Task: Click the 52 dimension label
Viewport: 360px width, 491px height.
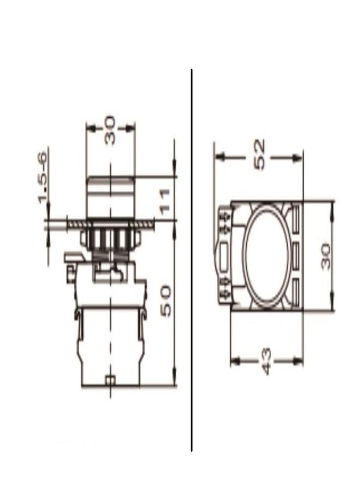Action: pos(260,154)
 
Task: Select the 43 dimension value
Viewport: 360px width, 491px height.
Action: pos(265,362)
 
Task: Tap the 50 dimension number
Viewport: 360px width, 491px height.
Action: pos(166,300)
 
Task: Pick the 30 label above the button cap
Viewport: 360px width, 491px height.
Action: pos(110,130)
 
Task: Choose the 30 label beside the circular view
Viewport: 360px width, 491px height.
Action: pos(326,256)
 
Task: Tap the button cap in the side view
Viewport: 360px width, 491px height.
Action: pos(111,197)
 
